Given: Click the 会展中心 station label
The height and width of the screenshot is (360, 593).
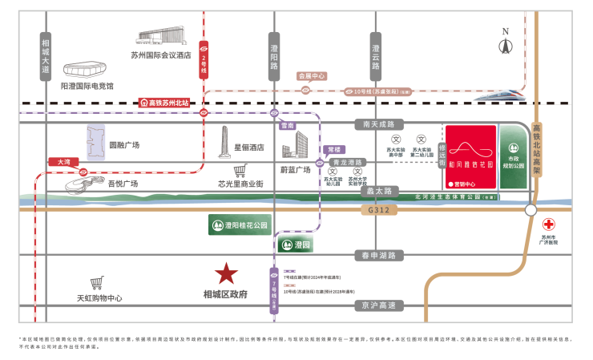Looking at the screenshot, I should click(x=312, y=76).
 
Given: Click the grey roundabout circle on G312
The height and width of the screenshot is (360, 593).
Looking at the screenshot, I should click(x=530, y=210).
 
